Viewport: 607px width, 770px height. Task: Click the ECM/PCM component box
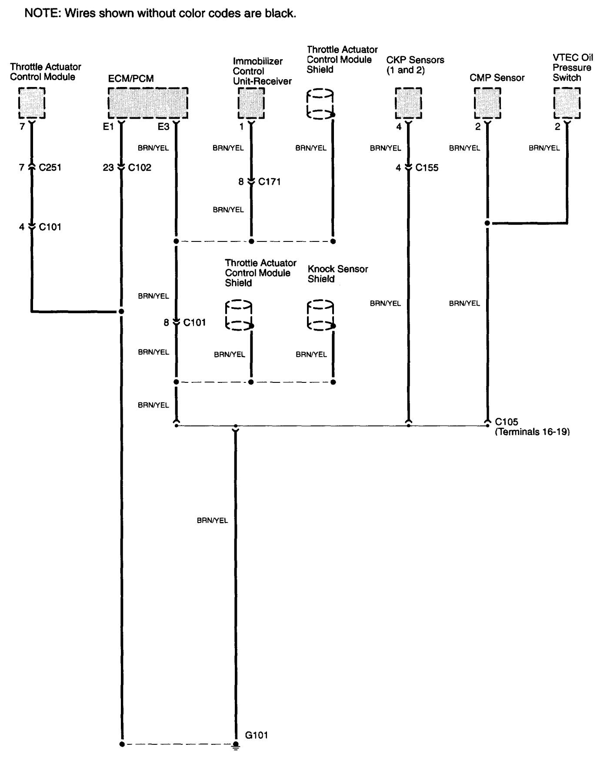[148, 103]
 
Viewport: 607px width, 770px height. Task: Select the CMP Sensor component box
[487, 103]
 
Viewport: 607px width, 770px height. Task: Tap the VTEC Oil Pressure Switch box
[567, 103]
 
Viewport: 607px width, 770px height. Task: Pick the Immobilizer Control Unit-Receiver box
[251, 103]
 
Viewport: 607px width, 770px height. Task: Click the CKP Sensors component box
[408, 103]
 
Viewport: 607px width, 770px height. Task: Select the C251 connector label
[50, 167]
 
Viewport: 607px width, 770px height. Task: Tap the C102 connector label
[140, 167]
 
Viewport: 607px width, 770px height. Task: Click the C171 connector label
[270, 182]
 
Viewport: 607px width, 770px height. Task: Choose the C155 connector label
[427, 167]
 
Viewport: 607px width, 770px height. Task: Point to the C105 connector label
[507, 422]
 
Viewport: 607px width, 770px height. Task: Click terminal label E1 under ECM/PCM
[108, 127]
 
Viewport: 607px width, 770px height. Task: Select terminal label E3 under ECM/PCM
[163, 127]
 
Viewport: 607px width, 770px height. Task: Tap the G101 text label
[257, 735]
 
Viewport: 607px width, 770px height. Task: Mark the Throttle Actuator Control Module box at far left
[32, 103]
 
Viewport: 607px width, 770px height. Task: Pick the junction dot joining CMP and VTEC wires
[487, 223]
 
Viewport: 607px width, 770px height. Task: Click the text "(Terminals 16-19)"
[532, 432]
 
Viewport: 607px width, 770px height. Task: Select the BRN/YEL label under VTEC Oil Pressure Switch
[544, 148]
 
